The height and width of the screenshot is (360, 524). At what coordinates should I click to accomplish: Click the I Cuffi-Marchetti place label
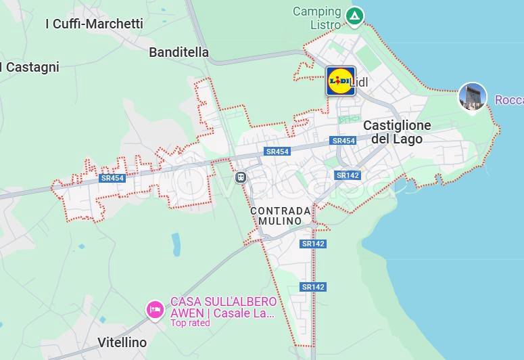click(94, 24)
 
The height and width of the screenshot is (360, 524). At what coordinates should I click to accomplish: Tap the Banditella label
click(178, 52)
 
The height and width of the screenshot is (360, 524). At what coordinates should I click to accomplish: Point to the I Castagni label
click(31, 67)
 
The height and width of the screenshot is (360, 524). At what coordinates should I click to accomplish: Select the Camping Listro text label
click(316, 18)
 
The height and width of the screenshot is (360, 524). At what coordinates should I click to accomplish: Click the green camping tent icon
click(354, 15)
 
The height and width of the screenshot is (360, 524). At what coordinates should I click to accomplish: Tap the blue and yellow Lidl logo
click(339, 81)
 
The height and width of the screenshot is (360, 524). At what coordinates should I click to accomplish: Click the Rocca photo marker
click(472, 97)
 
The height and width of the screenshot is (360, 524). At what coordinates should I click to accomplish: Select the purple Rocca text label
click(509, 100)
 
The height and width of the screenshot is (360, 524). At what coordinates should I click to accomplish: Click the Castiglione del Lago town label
click(397, 132)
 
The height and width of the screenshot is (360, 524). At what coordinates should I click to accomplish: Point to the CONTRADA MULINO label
click(281, 216)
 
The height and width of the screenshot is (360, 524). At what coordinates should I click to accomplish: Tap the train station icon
click(241, 177)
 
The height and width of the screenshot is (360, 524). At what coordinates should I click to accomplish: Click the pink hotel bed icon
click(155, 311)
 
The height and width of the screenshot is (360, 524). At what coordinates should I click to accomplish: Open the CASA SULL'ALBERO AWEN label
click(223, 307)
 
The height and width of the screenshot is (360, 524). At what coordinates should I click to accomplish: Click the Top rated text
click(190, 323)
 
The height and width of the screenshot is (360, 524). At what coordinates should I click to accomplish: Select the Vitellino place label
click(122, 342)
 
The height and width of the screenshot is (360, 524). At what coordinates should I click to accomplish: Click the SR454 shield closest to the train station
click(277, 152)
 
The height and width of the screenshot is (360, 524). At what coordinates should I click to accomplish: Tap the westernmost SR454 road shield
click(112, 178)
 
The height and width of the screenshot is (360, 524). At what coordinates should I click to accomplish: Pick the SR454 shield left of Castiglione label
click(343, 141)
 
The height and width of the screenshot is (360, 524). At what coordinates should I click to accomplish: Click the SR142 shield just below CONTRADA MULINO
click(314, 244)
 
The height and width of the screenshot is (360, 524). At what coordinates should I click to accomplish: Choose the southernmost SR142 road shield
click(314, 287)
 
